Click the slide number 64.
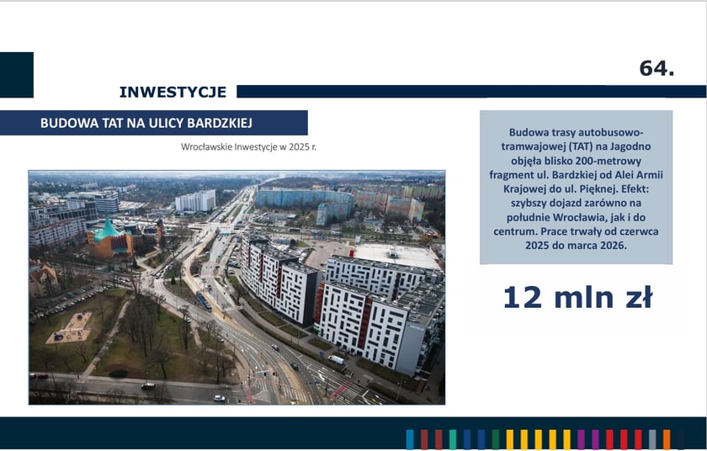pyautogui.click(x=656, y=68)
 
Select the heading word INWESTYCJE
pyautogui.click(x=173, y=92)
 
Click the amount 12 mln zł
pyautogui.click(x=577, y=298)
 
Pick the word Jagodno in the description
pyautogui.click(x=629, y=146)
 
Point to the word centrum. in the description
pyautogui.click(x=515, y=231)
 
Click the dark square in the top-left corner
pyautogui.click(x=17, y=75)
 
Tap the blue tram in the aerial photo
pyautogui.click(x=204, y=301)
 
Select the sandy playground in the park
pyautogui.click(x=70, y=328)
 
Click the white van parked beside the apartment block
pyautogui.click(x=336, y=359)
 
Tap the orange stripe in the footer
pyautogui.click(x=667, y=439)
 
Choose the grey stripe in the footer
pyautogui.click(x=652, y=439)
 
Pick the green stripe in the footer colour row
pyautogui.click(x=496, y=439)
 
